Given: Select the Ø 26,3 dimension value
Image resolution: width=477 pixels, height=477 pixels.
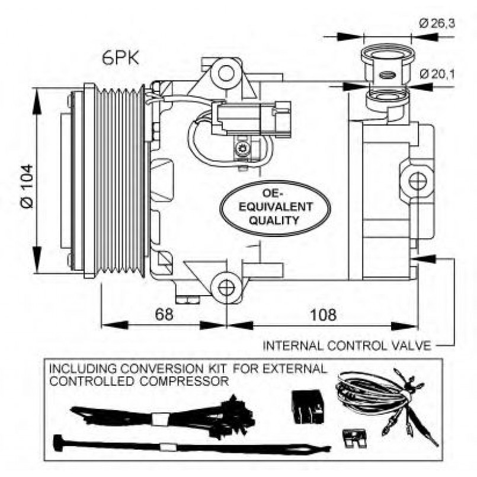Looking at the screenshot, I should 437,24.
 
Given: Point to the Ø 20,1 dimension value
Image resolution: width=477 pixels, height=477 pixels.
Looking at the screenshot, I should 437,74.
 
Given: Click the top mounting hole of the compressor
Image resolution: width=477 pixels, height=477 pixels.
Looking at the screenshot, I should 226,74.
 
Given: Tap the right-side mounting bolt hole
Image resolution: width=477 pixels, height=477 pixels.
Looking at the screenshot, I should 417,181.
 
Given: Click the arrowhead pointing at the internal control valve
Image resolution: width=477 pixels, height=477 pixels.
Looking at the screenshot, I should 422,259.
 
